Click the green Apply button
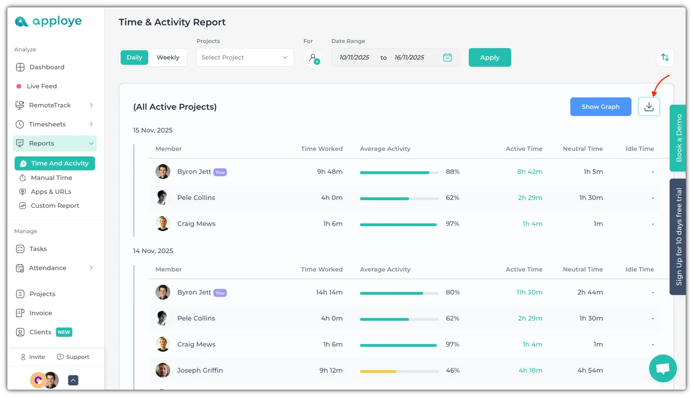point(489,57)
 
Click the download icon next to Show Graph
point(649,107)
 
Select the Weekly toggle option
point(168,57)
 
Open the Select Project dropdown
point(245,57)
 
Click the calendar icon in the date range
point(447,57)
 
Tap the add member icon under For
point(313,58)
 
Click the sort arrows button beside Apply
point(665,57)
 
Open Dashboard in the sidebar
point(47,67)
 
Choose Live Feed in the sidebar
point(42,86)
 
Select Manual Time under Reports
point(52,178)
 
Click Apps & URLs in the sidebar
point(51,192)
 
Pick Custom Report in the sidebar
point(55,205)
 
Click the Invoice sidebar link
point(41,313)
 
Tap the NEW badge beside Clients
point(64,332)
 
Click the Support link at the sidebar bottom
point(78,357)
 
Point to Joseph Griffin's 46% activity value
point(453,371)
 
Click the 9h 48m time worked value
point(330,172)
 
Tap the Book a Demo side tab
point(678,138)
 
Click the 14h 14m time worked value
point(329,292)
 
